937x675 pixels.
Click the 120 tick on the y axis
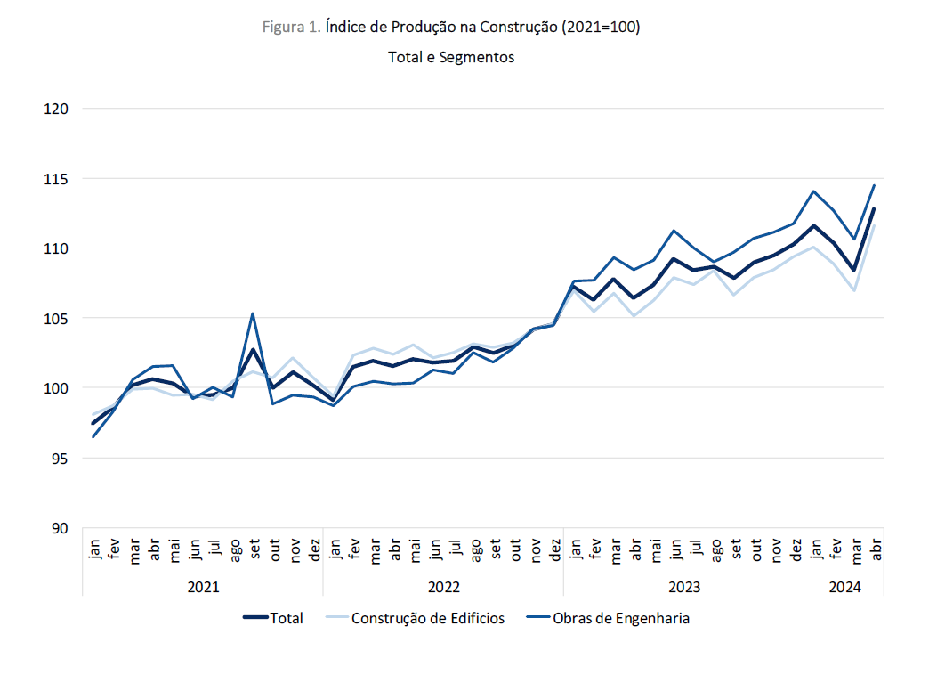56,109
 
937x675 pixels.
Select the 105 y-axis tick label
56,319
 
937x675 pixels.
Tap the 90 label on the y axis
60,529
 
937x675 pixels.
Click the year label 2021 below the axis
203,588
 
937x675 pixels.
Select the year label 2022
443,588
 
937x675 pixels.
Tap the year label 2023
683,588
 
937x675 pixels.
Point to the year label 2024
844,588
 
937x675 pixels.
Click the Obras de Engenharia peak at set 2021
254,313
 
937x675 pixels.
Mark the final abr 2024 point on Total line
874,209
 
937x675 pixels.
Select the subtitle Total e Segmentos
451,57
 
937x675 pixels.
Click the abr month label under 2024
875,549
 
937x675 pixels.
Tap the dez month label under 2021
313,549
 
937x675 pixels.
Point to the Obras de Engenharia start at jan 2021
93,436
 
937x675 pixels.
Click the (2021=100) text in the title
600,27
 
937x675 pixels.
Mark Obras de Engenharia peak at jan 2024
813,191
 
